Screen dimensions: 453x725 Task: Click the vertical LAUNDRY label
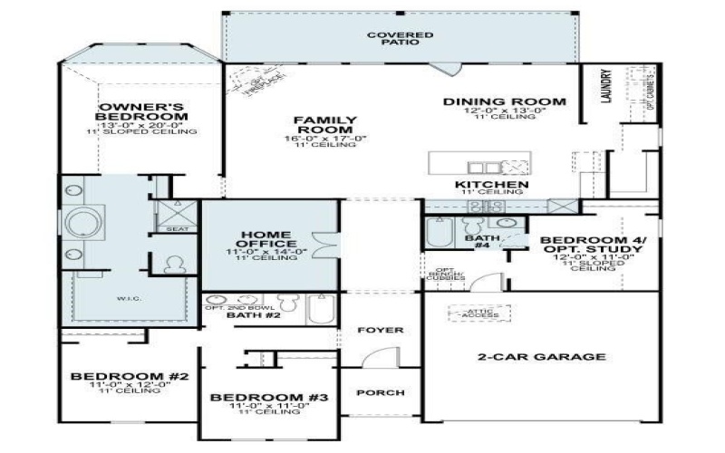tap(607, 88)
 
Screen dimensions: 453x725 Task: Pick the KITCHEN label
tap(491, 185)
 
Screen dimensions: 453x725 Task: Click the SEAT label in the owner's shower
tap(178, 229)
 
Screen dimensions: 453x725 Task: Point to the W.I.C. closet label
tap(125, 296)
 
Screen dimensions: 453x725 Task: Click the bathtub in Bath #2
tap(321, 308)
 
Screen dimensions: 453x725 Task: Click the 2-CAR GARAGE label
tap(541, 357)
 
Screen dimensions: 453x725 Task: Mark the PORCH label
tap(380, 393)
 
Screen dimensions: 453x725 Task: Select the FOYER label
tap(380, 331)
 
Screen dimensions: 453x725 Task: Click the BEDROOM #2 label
tap(129, 376)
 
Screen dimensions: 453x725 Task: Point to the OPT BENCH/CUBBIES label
tap(445, 274)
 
